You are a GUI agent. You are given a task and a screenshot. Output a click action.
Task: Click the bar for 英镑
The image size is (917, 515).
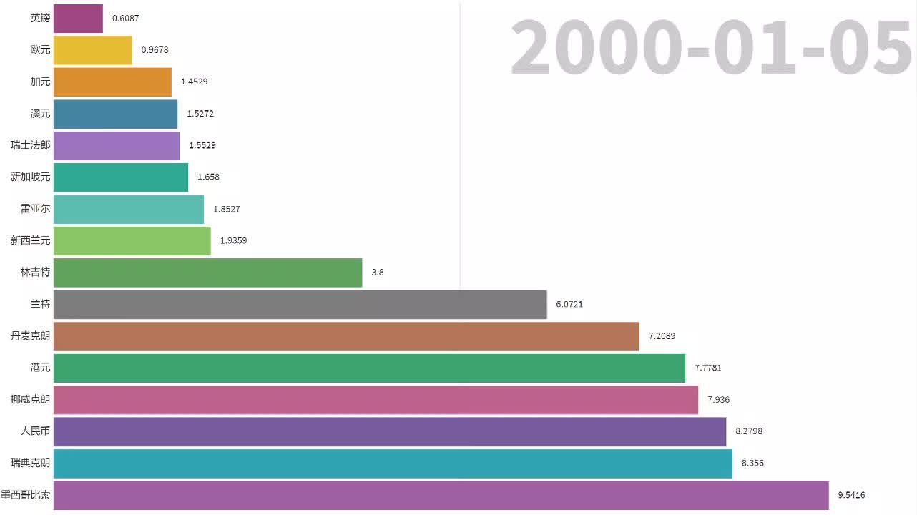(x=78, y=19)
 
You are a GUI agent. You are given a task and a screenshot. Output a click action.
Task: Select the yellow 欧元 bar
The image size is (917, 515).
(x=93, y=50)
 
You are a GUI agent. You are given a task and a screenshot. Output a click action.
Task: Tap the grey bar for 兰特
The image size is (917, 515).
(x=300, y=304)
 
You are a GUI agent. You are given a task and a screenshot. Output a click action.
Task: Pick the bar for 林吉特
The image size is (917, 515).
(x=207, y=273)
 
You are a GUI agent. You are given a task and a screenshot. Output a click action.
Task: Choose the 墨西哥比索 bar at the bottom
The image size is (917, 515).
(x=441, y=495)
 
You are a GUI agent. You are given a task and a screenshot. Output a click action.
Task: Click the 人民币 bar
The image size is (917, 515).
(x=390, y=431)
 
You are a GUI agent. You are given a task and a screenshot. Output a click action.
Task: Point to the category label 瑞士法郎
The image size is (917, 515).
(x=31, y=145)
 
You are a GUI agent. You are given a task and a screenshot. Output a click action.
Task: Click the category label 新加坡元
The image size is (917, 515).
(x=31, y=177)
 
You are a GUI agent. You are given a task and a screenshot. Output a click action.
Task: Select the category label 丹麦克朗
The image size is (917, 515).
(x=31, y=335)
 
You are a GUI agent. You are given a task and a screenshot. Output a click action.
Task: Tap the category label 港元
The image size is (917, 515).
(x=41, y=368)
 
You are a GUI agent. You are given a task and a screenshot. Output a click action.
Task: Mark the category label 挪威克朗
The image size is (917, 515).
(x=31, y=399)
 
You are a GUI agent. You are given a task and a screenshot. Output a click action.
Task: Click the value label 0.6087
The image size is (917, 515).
(x=125, y=19)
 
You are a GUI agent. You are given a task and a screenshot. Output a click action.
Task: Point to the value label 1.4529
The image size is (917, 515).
(x=194, y=82)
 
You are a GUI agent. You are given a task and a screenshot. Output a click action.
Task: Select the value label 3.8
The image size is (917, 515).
(x=378, y=273)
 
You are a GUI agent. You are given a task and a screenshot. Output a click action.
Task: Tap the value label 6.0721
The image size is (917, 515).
(x=569, y=304)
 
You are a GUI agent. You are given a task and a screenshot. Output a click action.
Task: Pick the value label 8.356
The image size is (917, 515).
(x=752, y=463)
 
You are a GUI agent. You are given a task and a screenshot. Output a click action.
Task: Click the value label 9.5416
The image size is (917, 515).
(x=851, y=495)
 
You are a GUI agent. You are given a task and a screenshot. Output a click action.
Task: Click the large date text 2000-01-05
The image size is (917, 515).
(x=711, y=49)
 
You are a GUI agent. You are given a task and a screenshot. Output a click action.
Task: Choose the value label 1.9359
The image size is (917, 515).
(x=233, y=240)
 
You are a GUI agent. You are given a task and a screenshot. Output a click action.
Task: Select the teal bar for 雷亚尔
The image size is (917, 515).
(x=129, y=209)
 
